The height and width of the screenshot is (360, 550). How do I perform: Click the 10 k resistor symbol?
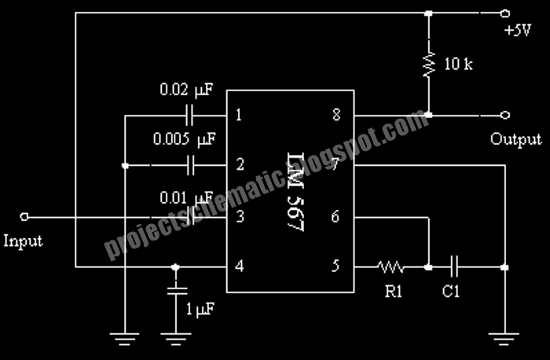coord(429,64)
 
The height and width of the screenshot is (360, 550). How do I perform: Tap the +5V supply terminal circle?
coord(505,13)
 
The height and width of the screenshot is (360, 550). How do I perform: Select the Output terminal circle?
coord(505,115)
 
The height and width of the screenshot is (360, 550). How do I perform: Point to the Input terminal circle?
coord(24,217)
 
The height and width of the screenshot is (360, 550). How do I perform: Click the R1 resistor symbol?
coord(390,267)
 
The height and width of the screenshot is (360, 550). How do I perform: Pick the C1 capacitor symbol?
coord(454,267)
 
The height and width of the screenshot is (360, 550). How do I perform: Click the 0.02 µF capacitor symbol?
coord(189,116)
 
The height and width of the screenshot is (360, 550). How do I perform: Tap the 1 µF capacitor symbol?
coord(176,291)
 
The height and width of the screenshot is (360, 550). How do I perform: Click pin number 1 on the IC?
coord(239,115)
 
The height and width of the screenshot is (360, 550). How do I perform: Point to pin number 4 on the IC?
coord(240,266)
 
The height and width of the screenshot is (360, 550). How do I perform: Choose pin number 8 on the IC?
coord(336,115)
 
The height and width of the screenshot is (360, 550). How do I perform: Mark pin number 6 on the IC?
coord(335,216)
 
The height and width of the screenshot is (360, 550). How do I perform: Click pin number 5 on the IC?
coord(335,266)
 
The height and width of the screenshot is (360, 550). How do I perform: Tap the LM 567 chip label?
coord(295,193)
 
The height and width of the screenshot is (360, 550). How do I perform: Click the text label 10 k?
coord(459,64)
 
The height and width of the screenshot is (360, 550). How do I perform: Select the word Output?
coord(516,140)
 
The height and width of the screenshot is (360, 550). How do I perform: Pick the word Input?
coord(23,241)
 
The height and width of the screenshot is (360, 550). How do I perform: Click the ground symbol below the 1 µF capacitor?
coord(176,339)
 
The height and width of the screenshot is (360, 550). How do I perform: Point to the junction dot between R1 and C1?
coord(428,267)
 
